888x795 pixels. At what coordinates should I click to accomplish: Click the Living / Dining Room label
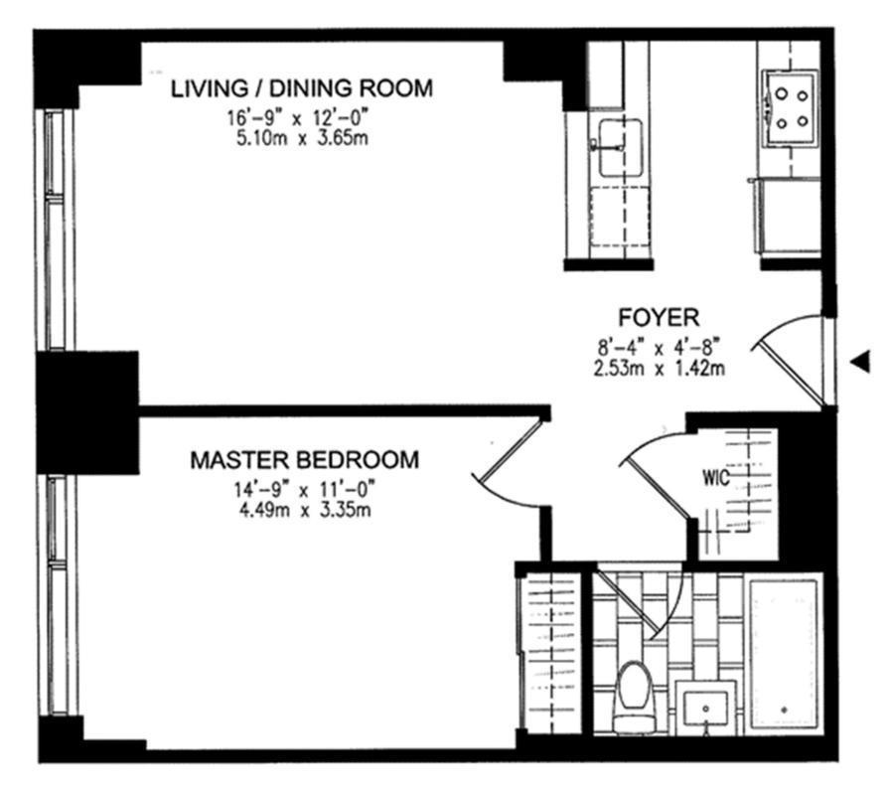(x=302, y=88)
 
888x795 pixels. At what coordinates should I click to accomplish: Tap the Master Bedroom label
(x=305, y=459)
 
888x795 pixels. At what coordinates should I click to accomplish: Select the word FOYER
(x=659, y=317)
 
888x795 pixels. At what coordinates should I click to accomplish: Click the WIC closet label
(x=716, y=478)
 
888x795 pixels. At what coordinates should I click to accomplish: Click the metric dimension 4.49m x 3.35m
(x=305, y=510)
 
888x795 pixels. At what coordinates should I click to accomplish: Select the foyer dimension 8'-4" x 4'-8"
(x=660, y=346)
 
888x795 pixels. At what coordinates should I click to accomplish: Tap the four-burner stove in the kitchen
(x=791, y=108)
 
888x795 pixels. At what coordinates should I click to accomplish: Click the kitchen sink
(x=620, y=147)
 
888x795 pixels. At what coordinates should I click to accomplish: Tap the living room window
(x=55, y=229)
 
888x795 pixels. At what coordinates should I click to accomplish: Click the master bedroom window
(x=55, y=594)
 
